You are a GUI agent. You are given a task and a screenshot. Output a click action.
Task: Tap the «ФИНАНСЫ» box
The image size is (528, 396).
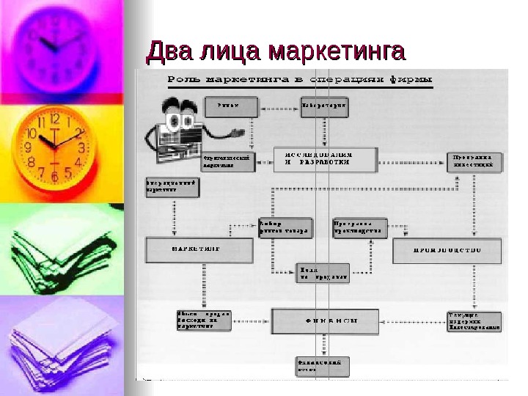[x=325, y=320]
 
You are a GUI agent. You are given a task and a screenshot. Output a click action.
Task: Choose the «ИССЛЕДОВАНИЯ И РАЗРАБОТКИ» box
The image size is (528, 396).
[x=325, y=159]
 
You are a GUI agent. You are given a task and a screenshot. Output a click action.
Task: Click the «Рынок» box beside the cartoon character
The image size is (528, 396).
[x=232, y=107]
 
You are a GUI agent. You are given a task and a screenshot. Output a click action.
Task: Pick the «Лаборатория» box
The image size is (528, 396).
[x=324, y=107]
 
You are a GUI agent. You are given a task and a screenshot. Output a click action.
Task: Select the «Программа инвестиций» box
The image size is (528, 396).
[x=475, y=161]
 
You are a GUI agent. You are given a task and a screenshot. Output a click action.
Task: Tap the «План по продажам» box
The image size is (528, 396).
[x=323, y=273]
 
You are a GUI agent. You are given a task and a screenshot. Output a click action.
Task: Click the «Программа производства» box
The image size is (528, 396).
[x=359, y=227]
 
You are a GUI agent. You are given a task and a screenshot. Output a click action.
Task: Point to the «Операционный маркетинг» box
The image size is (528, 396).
[x=172, y=186]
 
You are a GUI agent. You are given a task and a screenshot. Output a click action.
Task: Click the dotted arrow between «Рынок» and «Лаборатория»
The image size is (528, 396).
[x=279, y=107]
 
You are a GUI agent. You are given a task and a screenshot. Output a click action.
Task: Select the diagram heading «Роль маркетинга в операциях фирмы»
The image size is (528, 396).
[x=300, y=78]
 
